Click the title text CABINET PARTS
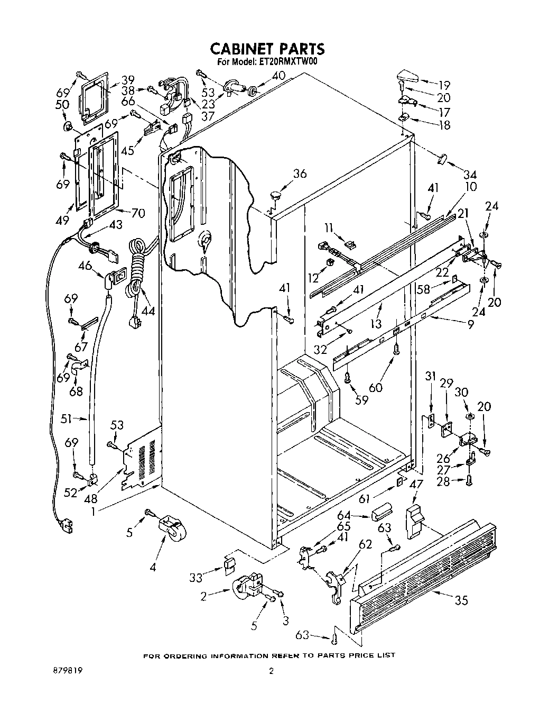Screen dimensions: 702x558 tap(267, 48)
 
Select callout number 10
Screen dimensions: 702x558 tap(470, 186)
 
